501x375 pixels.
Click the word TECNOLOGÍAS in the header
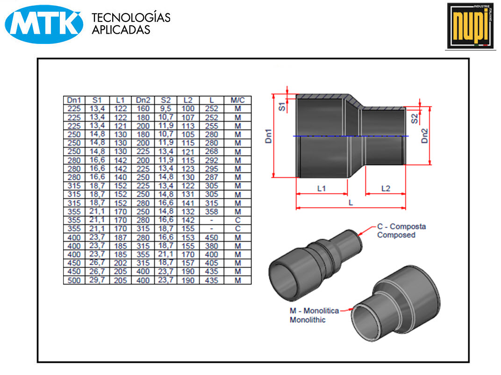[x=131, y=18]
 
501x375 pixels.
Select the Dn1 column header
[x=74, y=100]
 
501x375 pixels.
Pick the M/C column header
[x=237, y=100]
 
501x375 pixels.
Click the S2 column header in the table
[x=165, y=100]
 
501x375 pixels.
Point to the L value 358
[x=212, y=212]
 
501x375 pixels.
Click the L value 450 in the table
[x=212, y=238]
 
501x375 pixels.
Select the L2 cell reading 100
[x=188, y=109]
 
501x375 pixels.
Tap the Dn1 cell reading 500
[x=74, y=281]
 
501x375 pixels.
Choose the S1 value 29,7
[x=97, y=281]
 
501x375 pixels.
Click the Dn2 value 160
[x=143, y=109]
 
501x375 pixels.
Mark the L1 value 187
[x=120, y=238]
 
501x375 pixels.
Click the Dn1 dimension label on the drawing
[x=269, y=136]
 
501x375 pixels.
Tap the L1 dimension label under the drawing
[x=322, y=189]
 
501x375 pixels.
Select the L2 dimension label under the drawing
[x=386, y=189]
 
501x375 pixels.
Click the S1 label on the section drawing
[x=282, y=106]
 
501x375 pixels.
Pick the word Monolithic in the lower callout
[x=308, y=320]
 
